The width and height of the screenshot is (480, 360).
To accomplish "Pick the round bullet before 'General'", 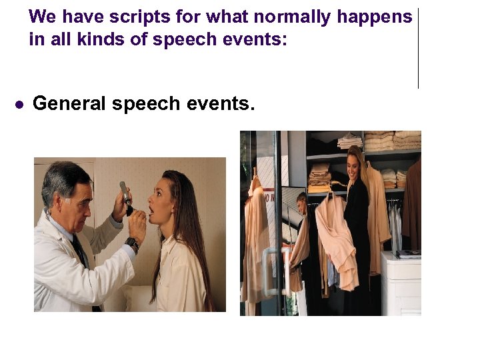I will point(20,105).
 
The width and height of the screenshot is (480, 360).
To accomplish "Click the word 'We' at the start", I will point(43,17).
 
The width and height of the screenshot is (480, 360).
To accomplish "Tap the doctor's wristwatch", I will point(131,244).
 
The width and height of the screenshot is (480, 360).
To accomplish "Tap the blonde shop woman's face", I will point(355,163).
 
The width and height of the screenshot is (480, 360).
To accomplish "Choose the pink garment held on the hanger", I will point(337,233).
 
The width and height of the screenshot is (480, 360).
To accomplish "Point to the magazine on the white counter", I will point(409,254).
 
